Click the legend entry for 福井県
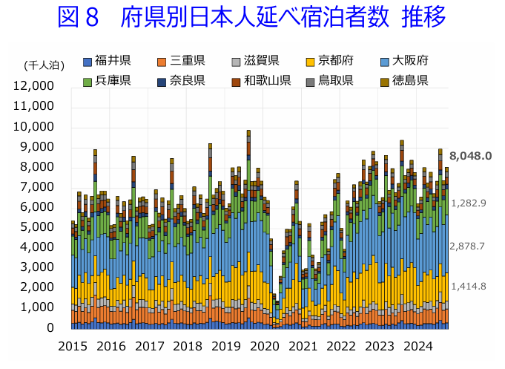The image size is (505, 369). [113, 61]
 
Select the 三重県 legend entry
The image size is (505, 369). [187, 61]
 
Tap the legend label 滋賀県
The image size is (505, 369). [261, 61]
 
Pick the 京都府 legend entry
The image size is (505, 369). [335, 61]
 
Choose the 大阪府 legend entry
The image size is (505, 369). [409, 61]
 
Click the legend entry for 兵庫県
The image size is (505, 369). [113, 80]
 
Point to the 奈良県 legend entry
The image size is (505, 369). [187, 80]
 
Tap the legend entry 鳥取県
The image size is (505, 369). [335, 80]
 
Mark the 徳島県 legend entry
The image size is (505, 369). [409, 80]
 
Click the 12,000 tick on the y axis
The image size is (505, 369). [33, 86]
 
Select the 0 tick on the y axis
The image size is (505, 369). [49, 327]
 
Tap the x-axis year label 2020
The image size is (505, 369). [265, 346]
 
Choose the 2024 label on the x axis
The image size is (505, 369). [418, 346]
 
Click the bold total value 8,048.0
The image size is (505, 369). [470, 156]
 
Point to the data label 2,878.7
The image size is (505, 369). [469, 246]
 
